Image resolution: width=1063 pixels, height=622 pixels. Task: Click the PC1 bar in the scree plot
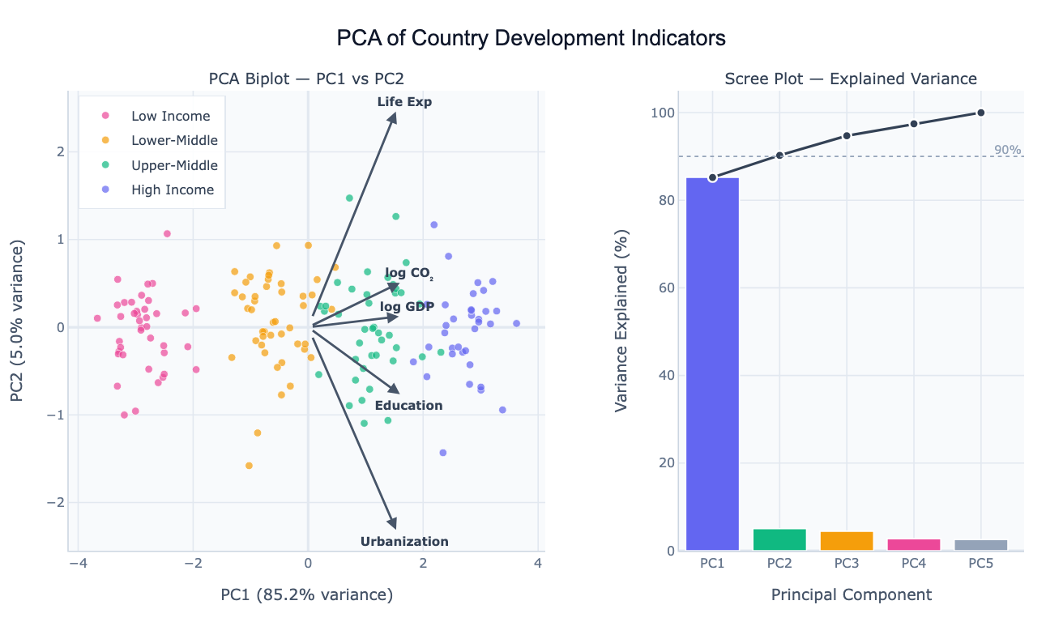(712, 364)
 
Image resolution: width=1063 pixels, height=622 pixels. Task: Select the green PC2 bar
(779, 540)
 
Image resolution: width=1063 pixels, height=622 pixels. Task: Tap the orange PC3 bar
(847, 542)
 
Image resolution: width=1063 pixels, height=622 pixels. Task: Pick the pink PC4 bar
(914, 545)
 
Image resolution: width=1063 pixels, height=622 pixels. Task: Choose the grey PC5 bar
(980, 546)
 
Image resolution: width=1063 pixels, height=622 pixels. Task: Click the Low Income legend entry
(170, 117)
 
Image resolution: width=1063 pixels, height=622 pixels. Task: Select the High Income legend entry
(173, 190)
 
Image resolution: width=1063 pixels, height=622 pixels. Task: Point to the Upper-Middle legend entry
(174, 165)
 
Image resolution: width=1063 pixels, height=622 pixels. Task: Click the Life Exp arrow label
(404, 102)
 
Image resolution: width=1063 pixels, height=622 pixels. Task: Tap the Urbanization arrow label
(404, 542)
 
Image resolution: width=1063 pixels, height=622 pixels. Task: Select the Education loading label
(408, 406)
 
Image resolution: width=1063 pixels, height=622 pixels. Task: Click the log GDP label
(407, 306)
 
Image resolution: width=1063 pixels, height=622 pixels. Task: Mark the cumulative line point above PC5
(980, 113)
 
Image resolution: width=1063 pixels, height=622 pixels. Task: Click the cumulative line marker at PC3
(847, 135)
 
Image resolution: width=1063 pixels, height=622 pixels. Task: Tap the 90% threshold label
(1007, 150)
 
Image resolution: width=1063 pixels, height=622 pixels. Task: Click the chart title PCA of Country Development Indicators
(531, 38)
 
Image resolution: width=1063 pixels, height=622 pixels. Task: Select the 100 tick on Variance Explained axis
(663, 113)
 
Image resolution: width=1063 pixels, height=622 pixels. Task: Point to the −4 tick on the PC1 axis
(78, 564)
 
